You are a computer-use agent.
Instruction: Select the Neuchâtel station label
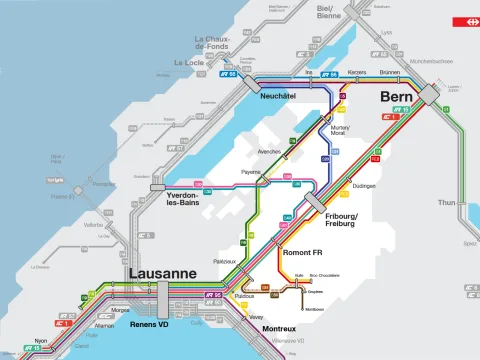(277, 96)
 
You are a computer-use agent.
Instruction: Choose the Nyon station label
(40, 342)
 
